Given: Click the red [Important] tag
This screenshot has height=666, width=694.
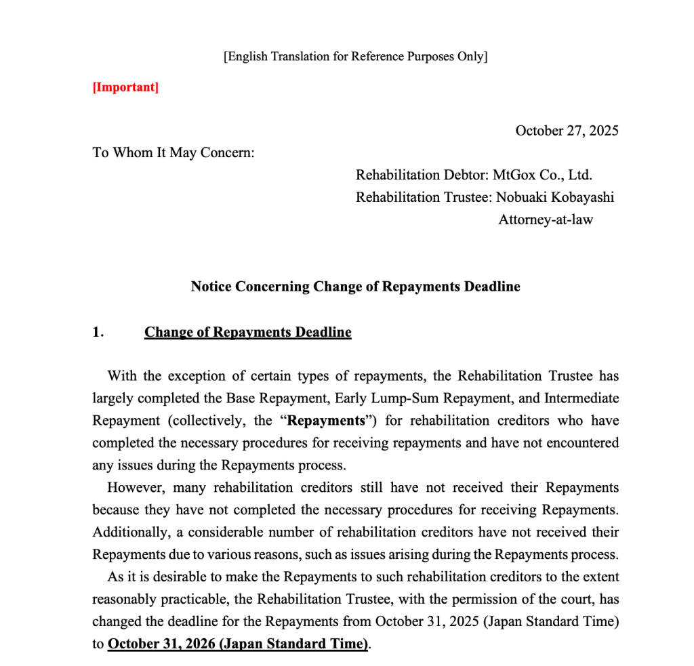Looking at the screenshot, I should [125, 87].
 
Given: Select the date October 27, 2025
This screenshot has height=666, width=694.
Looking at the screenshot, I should [567, 131].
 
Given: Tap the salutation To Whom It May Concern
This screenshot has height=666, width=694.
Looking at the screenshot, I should [173, 152].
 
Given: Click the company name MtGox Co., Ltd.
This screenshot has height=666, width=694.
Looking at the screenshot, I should [542, 175].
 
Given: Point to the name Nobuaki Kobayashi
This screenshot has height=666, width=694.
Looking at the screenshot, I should [555, 197].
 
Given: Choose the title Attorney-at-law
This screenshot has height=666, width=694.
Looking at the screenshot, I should [546, 220].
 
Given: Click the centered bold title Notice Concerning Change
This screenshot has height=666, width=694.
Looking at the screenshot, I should [355, 286].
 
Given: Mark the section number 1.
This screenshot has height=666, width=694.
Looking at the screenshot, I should [98, 332].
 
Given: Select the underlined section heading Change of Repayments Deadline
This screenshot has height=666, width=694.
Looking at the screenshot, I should [247, 332].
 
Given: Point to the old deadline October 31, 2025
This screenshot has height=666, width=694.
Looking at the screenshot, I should [427, 621].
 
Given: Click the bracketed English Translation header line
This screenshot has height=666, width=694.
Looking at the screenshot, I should [355, 56].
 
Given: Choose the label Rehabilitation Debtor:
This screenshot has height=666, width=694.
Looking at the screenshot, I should [421, 175].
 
